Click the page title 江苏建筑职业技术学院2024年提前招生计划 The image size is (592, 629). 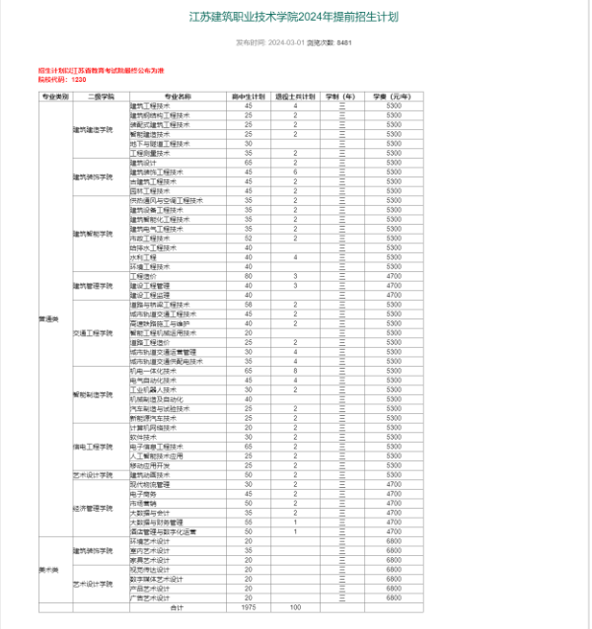coord(296,18)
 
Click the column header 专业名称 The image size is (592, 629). coord(178,97)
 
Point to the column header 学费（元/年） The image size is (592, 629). coord(393,97)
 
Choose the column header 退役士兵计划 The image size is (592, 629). coord(295,97)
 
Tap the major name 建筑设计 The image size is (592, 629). coord(144,162)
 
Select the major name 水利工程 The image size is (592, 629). coord(143,257)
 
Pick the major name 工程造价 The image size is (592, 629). coord(143,276)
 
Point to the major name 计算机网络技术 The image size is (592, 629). coord(152,428)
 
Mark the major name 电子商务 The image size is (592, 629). coord(143,494)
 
